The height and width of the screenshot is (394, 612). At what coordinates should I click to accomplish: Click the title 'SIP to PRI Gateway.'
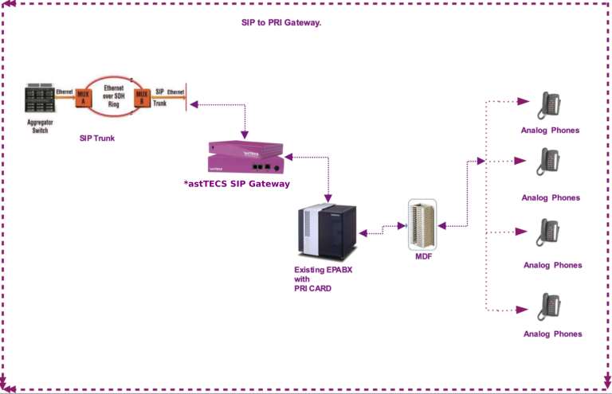coord(281,23)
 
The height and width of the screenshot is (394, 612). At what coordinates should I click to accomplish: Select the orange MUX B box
coord(142,98)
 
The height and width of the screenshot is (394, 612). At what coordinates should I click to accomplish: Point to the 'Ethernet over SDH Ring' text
coord(113,97)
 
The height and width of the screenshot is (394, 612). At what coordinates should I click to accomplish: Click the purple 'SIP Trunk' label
coord(97,138)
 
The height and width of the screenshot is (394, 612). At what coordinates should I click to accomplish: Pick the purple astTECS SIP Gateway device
coord(245,157)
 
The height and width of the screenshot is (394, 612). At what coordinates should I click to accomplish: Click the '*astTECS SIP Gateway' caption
coord(237,184)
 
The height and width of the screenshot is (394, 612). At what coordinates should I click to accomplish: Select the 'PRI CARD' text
coord(312,288)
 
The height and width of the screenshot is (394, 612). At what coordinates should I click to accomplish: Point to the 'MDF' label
coord(423,256)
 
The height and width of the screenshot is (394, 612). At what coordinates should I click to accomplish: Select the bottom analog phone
coord(550,306)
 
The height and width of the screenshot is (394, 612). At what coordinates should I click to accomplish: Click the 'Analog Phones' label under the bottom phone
coord(552,334)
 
